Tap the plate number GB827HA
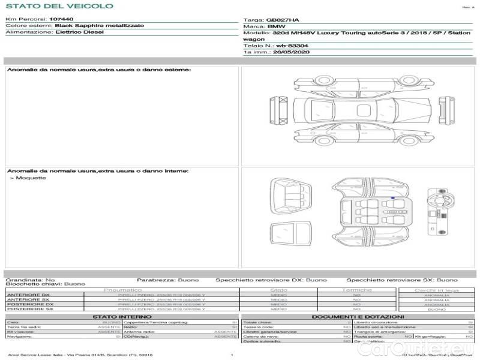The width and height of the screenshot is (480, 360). pyautogui.click(x=282, y=19)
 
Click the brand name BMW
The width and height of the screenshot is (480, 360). pyautogui.click(x=276, y=26)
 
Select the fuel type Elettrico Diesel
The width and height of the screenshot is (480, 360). pyautogui.click(x=79, y=32)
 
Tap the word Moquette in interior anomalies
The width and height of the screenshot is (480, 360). pyautogui.click(x=31, y=178)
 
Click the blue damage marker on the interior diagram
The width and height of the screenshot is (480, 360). pyautogui.click(x=393, y=197)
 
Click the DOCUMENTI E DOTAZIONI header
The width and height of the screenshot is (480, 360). pyautogui.click(x=358, y=316)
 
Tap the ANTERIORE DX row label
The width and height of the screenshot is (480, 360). pyautogui.click(x=28, y=295)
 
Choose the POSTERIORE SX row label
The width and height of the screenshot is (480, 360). pyautogui.click(x=29, y=309)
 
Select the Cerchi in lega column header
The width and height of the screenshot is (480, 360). pyautogui.click(x=436, y=290)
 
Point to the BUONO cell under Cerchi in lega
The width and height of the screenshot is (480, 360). pyautogui.click(x=436, y=309)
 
